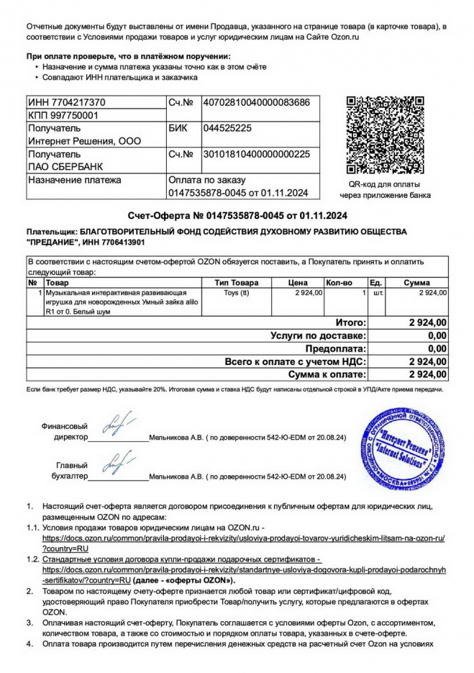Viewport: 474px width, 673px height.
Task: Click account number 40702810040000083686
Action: pos(257,103)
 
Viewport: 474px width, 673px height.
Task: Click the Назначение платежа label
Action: pos(74,180)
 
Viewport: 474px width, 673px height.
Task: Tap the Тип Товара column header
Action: pos(237,283)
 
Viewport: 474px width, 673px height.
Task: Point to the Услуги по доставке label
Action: pos(318,335)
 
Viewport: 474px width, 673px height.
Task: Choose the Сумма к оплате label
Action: pos(327,375)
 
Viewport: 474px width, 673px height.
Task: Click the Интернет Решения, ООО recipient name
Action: pos(84,140)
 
